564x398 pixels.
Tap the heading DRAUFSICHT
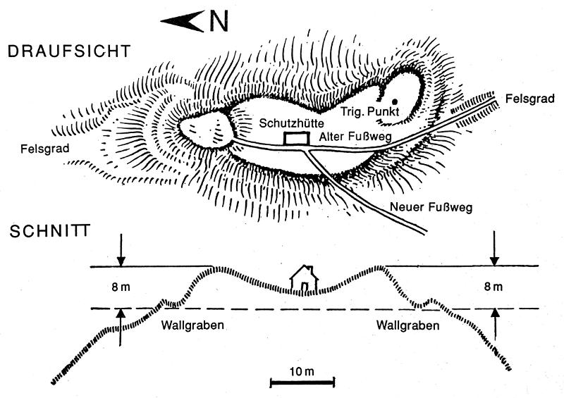coord(68,51)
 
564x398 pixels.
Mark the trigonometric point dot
coord(395,103)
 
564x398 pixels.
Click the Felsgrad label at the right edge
coord(525,100)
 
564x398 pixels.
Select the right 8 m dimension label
coord(493,287)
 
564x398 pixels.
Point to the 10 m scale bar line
coord(302,383)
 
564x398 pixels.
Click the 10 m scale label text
coord(302,371)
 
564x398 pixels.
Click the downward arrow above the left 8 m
coord(121,252)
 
